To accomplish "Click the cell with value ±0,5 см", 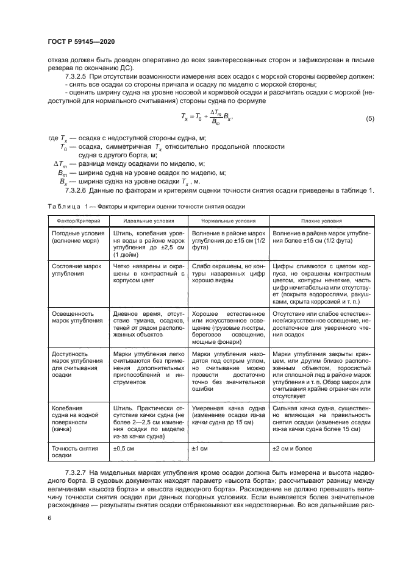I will click(x=124, y=449).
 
